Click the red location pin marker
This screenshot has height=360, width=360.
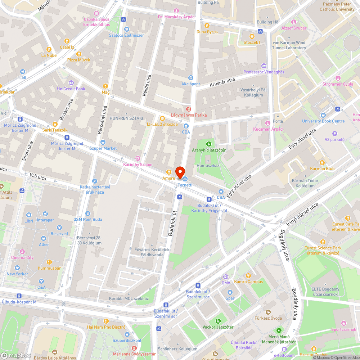[x=180, y=171]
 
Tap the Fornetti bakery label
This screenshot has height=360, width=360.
[x=185, y=185]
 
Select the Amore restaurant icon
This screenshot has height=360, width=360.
[x=168, y=172]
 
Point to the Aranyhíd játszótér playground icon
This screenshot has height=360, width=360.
[x=208, y=144]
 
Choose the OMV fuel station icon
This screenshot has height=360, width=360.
[x=226, y=277]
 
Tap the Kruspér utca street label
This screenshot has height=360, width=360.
[x=222, y=82]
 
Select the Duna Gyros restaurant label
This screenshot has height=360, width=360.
[x=207, y=32]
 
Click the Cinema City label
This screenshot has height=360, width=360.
[x=22, y=257]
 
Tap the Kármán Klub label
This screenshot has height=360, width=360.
[x=322, y=168]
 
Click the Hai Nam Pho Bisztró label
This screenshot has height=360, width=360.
[x=106, y=327]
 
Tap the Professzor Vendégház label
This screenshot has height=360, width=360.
[x=264, y=72]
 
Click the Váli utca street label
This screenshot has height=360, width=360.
[x=38, y=177]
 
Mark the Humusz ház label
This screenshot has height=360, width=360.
[x=208, y=166]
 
